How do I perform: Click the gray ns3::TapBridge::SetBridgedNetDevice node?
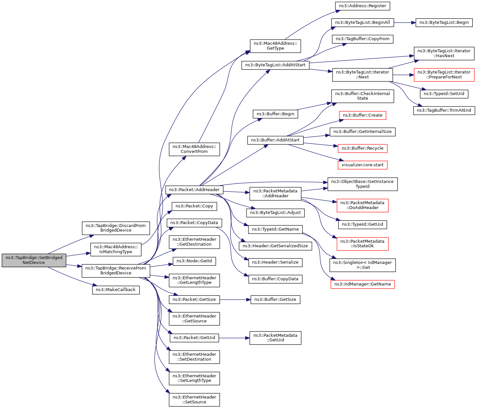(34, 260)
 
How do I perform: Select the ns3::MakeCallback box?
(116, 290)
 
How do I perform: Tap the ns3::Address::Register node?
(363, 6)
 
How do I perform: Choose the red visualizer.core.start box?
(362, 165)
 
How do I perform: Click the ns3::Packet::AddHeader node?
(194, 190)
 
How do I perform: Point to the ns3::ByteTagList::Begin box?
(444, 23)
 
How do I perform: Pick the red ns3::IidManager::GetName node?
(363, 284)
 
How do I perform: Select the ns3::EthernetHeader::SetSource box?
(194, 400)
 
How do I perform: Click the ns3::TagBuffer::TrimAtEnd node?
(444, 110)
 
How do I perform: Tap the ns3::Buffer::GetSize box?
(275, 300)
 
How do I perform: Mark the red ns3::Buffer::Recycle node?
(362, 148)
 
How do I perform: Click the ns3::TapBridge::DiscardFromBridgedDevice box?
(116, 228)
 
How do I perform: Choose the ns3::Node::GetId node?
(194, 261)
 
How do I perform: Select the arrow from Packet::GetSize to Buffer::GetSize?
(235, 300)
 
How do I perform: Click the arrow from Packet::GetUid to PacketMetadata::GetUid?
(234, 338)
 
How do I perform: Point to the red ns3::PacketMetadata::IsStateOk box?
(362, 244)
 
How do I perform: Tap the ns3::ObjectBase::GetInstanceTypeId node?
(362, 184)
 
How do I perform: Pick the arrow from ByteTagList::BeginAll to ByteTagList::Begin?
(404, 23)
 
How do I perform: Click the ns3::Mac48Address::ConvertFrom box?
(194, 149)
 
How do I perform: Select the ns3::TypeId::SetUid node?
(444, 94)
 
